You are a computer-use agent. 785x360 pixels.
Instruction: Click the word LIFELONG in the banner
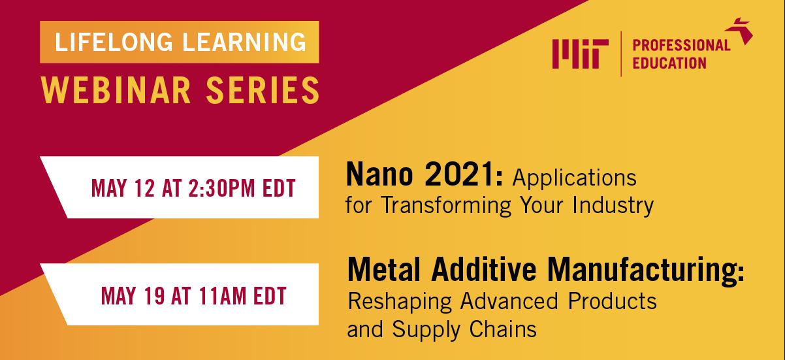pos(114,42)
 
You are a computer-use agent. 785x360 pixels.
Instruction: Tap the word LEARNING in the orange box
pos(245,42)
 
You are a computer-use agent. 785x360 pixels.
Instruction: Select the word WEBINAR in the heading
pos(116,90)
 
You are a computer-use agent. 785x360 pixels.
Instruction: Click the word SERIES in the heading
pos(263,90)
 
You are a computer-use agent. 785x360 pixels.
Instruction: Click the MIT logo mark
pos(580,54)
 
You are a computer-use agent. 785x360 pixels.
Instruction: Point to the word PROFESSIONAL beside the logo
pos(681,45)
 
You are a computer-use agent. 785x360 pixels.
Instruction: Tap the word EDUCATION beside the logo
pos(669,63)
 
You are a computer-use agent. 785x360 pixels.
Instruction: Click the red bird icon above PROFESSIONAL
pos(739,31)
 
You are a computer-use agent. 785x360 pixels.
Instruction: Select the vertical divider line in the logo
pos(621,54)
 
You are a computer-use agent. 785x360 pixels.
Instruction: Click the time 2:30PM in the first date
pos(221,188)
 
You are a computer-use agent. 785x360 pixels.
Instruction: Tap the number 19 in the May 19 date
pos(154,295)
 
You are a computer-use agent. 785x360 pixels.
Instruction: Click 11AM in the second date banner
pos(223,295)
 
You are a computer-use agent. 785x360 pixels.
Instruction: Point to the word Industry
pos(613,205)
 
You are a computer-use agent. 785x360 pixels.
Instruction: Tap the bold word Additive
pos(484,270)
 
